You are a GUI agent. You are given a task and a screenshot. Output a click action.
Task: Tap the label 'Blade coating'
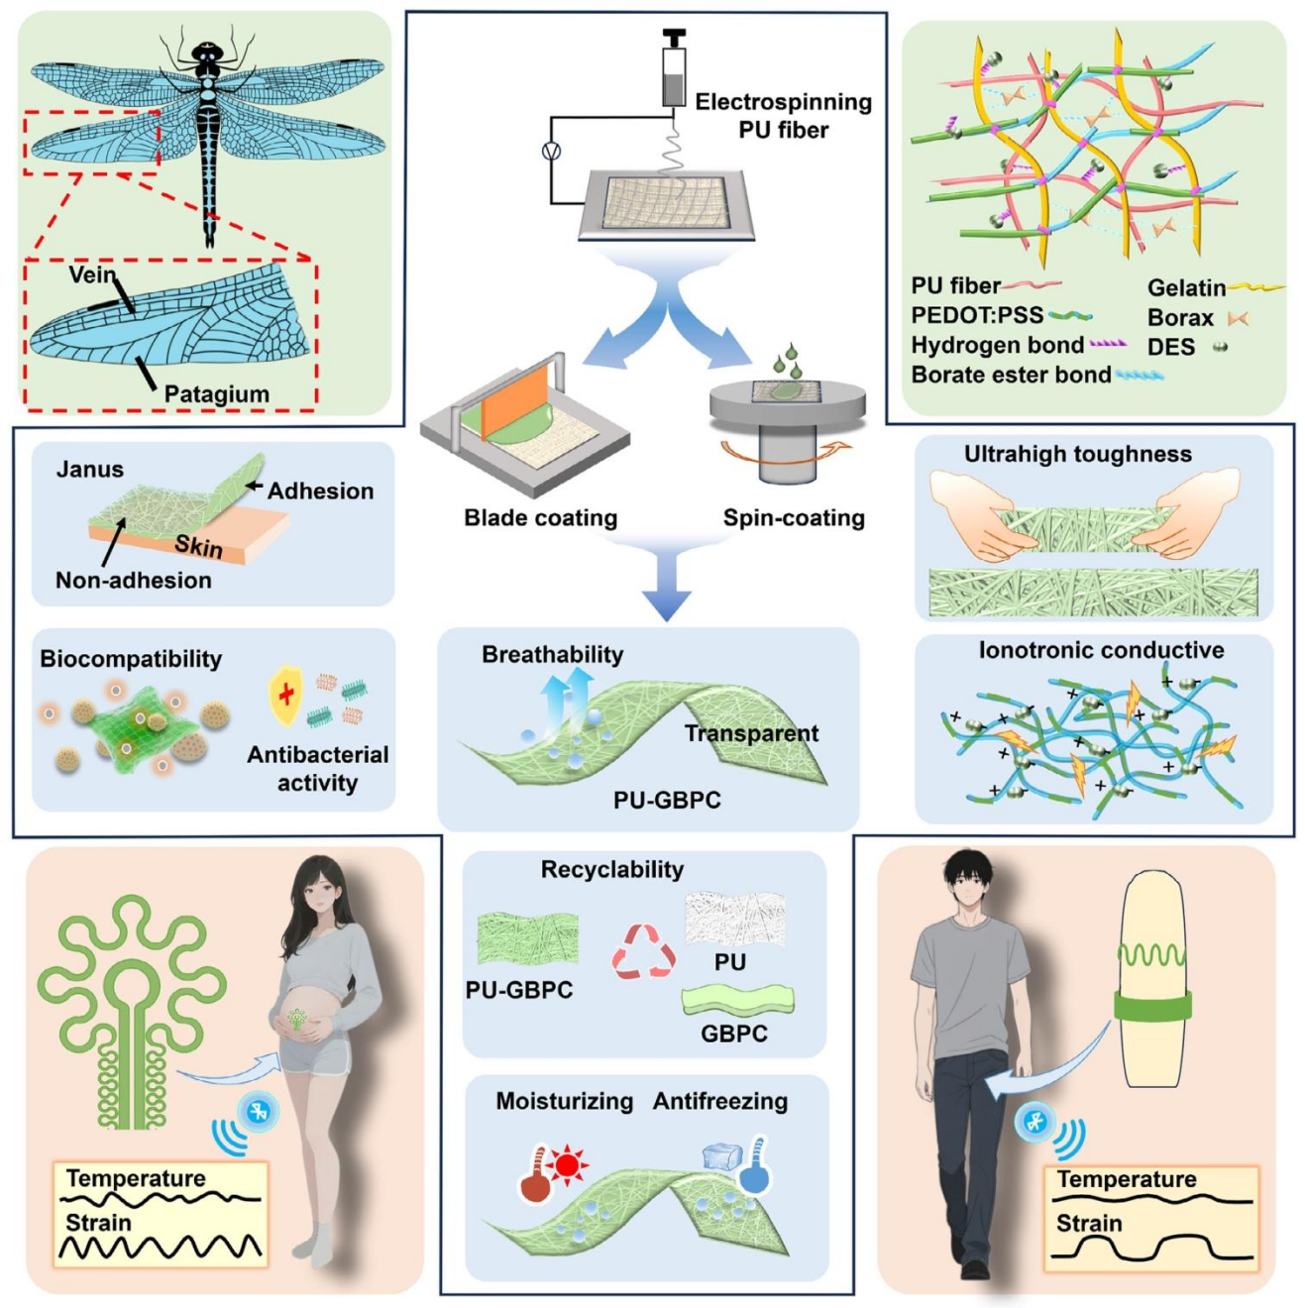[x=540, y=518]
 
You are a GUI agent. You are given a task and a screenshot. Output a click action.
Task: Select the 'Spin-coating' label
[x=794, y=518]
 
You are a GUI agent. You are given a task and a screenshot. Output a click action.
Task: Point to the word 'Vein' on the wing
[x=91, y=275]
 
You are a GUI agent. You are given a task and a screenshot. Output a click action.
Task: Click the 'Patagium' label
[x=216, y=394]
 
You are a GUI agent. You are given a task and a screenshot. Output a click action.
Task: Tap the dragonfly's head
[x=207, y=54]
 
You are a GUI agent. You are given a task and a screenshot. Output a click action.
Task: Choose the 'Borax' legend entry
[x=1180, y=318]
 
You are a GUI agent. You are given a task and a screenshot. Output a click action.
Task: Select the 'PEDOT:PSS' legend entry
[x=977, y=316]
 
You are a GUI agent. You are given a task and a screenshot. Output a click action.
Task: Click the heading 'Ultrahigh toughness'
[x=1078, y=454]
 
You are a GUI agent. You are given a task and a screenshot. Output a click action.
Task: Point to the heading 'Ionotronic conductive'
[x=1101, y=650]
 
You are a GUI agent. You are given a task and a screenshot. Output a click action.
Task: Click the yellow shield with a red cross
[x=285, y=694]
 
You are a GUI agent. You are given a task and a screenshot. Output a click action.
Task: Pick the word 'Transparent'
[x=751, y=733]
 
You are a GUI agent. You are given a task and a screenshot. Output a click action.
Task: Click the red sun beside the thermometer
[x=567, y=1164]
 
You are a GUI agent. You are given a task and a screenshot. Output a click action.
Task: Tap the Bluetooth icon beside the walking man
[x=1035, y=1123]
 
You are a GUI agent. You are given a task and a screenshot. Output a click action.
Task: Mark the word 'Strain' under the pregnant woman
[x=98, y=1223]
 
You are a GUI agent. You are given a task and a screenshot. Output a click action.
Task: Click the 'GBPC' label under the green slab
[x=734, y=1034]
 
